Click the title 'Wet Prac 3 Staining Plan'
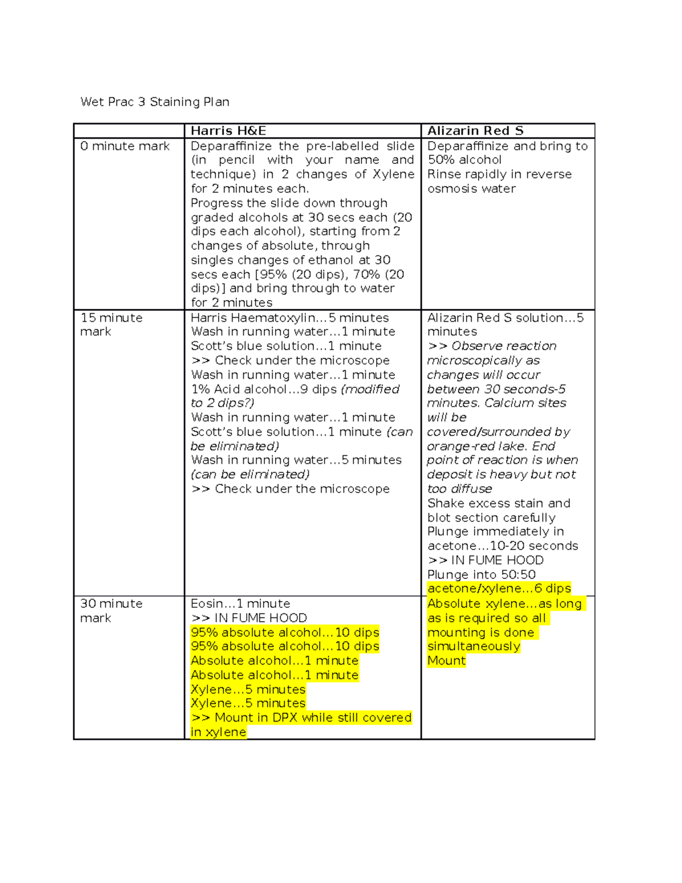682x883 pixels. click(155, 102)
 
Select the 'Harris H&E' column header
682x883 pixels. click(228, 131)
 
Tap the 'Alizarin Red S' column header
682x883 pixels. click(475, 131)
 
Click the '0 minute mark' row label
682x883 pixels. click(125, 146)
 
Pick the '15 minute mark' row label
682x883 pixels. click(111, 325)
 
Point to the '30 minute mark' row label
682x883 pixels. click(111, 611)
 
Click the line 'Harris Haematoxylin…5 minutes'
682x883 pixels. click(290, 318)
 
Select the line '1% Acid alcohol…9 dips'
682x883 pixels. click(264, 389)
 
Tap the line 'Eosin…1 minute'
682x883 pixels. click(240, 604)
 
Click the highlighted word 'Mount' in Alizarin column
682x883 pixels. click(446, 661)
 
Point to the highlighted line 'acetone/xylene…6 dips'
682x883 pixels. click(499, 588)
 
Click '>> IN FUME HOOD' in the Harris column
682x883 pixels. click(249, 618)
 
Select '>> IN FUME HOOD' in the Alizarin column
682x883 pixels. click(485, 560)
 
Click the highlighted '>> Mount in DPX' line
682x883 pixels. click(301, 718)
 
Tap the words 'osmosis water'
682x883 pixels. click(472, 189)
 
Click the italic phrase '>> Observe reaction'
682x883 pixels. click(492, 346)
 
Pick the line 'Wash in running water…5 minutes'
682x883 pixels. click(296, 460)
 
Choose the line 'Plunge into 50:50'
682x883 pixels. click(481, 575)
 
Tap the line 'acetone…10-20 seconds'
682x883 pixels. click(502, 546)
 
